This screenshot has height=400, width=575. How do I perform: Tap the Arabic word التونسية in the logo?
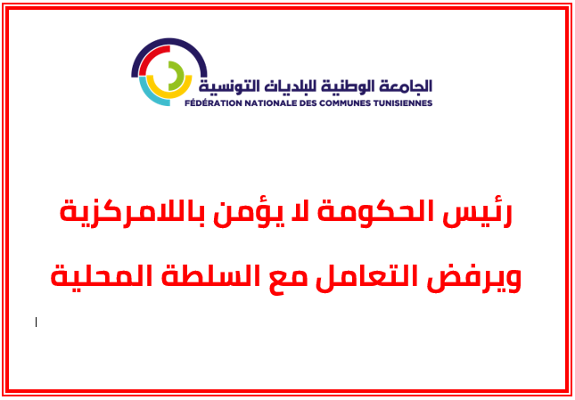pos(227,86)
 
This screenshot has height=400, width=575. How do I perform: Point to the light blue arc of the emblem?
pos(156,95)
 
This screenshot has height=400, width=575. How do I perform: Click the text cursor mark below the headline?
pos(37,322)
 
